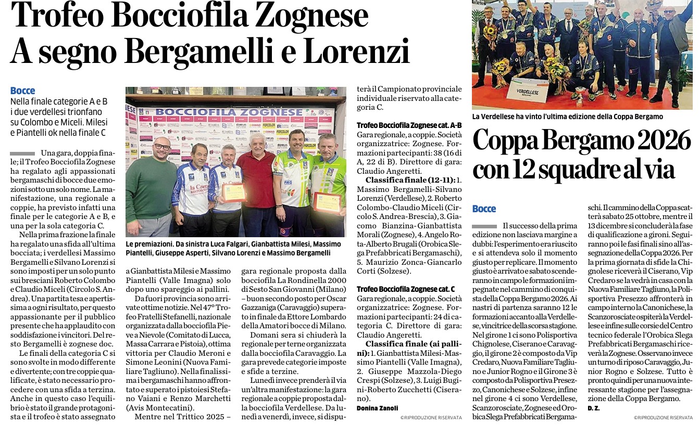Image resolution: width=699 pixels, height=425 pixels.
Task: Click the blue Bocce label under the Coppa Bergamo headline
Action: [484, 209]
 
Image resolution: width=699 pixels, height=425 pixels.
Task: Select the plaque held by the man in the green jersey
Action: [327, 201]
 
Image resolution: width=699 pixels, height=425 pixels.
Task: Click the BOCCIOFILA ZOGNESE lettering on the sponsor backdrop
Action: [229, 112]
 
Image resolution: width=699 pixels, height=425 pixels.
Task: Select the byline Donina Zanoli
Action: [378, 408]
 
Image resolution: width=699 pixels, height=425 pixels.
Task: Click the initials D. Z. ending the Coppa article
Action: [593, 408]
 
